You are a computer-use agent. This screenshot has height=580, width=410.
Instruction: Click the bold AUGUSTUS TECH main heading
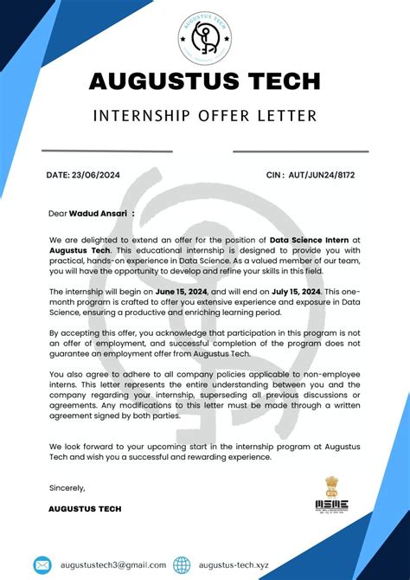pos(205,81)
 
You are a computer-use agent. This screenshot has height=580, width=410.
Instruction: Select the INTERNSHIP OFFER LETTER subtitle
pos(205,115)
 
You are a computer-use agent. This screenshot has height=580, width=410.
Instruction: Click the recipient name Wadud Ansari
pos(98,212)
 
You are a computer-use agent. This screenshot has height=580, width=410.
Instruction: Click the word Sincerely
pos(67,487)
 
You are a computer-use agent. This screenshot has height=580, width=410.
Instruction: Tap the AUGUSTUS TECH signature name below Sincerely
pos(85,508)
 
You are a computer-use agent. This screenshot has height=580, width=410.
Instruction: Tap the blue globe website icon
pos(182,564)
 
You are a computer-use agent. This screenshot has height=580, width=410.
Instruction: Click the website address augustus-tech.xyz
pos(234,564)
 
